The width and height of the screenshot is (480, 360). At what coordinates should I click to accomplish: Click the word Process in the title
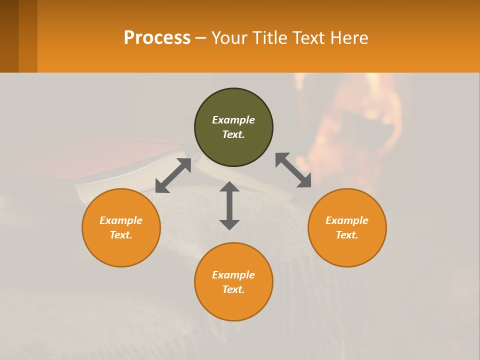157,38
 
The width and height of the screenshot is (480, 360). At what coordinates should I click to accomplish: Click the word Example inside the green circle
233,120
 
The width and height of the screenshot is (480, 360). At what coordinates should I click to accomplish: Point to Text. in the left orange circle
121,235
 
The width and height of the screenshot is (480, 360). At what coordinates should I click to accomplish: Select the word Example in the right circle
347,220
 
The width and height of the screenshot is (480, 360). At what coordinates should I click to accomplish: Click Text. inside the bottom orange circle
233,289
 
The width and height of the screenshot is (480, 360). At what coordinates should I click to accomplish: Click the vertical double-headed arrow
229,205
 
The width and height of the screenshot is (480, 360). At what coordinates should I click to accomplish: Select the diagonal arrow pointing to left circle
173,175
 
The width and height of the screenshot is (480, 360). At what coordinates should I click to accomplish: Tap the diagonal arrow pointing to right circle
293,170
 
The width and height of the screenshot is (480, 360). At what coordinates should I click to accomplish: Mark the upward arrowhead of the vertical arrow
229,186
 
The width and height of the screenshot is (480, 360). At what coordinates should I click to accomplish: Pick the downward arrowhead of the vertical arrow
229,224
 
